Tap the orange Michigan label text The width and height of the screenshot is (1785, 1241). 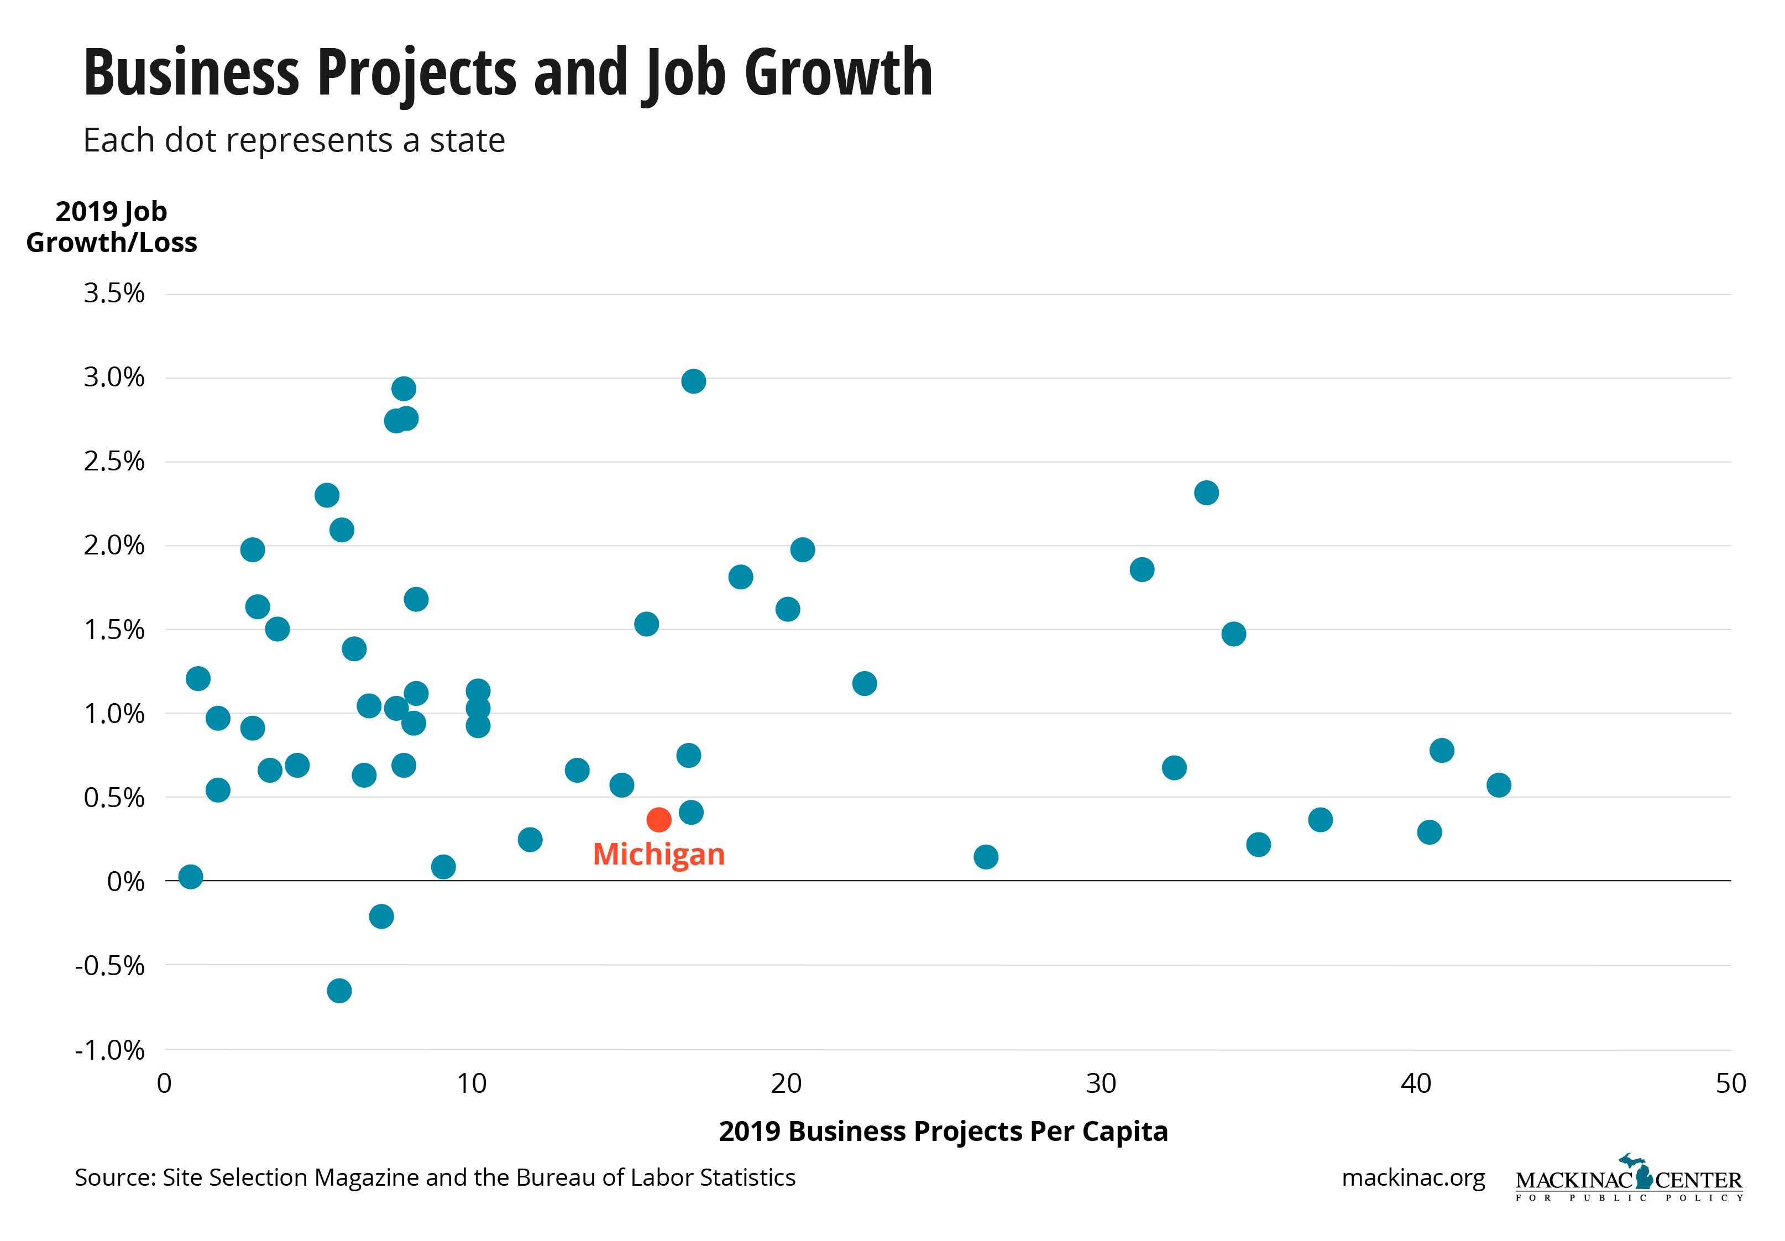click(x=658, y=855)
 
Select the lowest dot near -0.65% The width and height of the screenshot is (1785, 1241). click(x=339, y=990)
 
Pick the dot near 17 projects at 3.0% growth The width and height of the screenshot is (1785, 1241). click(x=693, y=381)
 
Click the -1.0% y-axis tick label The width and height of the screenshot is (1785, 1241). click(x=109, y=1050)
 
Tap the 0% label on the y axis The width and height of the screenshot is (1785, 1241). click(x=125, y=882)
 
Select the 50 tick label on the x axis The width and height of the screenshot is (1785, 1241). click(x=1731, y=1083)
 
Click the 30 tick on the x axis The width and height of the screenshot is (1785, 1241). click(x=1101, y=1083)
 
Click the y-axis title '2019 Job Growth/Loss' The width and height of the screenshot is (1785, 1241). click(x=111, y=227)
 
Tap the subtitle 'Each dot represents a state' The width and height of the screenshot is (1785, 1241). click(x=294, y=141)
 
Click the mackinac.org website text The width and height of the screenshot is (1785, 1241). click(x=1412, y=1177)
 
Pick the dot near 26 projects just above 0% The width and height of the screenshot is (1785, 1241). click(x=986, y=857)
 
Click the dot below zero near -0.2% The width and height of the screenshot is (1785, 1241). click(x=381, y=916)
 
